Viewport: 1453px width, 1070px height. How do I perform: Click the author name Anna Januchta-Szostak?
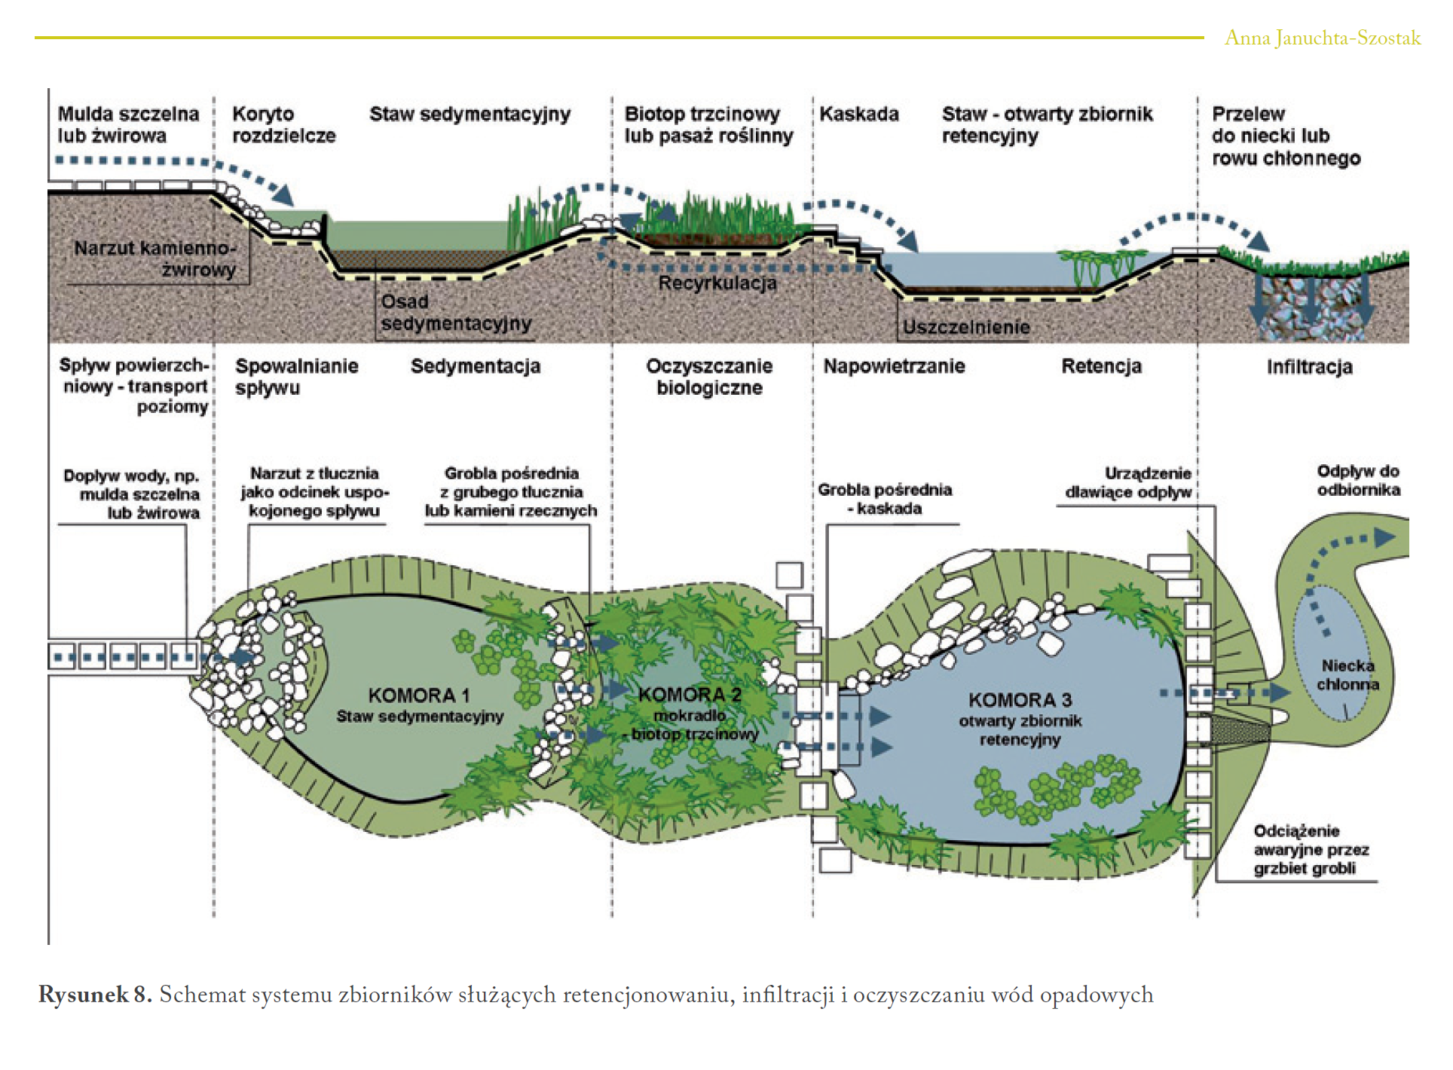click(x=1322, y=38)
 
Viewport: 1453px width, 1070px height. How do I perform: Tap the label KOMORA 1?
click(x=418, y=695)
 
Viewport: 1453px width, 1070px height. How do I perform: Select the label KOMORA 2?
click(x=690, y=695)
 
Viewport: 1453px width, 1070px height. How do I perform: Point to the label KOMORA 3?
click(x=1020, y=700)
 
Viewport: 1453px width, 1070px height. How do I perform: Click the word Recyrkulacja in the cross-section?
click(x=717, y=283)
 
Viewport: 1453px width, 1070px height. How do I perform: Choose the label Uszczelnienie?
click(x=965, y=327)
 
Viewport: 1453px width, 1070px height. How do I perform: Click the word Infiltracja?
click(x=1309, y=367)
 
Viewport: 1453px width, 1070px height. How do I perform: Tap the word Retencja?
click(x=1101, y=366)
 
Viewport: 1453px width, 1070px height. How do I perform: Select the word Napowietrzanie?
click(x=894, y=366)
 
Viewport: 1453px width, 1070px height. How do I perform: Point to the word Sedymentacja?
click(x=476, y=366)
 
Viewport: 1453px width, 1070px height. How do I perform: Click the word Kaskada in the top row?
click(x=859, y=114)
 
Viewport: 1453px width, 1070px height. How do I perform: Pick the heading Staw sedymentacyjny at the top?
click(x=470, y=114)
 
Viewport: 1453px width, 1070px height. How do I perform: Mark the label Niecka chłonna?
click(x=1347, y=675)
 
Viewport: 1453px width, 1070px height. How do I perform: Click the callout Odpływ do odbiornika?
click(x=1358, y=480)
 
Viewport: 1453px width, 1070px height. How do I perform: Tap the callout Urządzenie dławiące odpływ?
click(x=1128, y=482)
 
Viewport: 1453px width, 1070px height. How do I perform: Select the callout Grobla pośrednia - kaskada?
click(x=885, y=499)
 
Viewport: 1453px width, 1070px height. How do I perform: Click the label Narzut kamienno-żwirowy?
click(x=154, y=258)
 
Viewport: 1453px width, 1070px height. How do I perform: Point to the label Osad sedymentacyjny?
click(x=455, y=313)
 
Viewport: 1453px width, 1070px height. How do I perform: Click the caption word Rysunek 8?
click(x=95, y=995)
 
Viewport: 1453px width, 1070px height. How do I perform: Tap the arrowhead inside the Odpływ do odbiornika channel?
click(x=1384, y=537)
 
